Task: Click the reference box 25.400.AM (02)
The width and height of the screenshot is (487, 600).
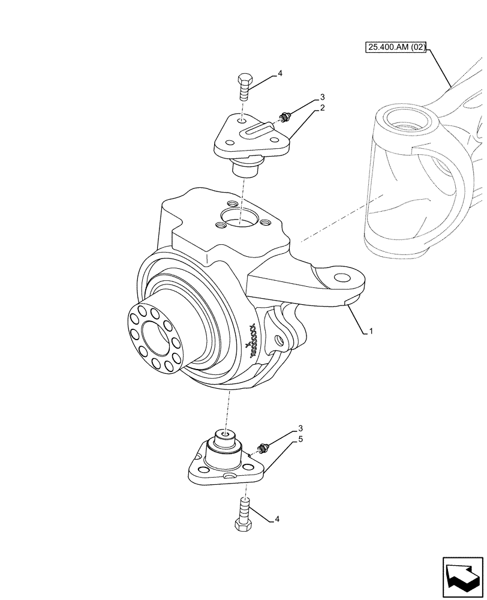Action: point(395,47)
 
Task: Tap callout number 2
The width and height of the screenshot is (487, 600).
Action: point(322,108)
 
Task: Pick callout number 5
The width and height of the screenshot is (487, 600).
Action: point(300,440)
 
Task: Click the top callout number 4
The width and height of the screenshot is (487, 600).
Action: point(279,74)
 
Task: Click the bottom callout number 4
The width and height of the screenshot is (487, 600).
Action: point(277,519)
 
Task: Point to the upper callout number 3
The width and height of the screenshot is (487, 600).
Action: point(322,97)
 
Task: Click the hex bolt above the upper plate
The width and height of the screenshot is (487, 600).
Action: point(244,88)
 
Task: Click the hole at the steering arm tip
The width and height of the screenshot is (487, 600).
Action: point(342,278)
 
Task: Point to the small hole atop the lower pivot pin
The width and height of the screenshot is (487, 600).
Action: point(225,434)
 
